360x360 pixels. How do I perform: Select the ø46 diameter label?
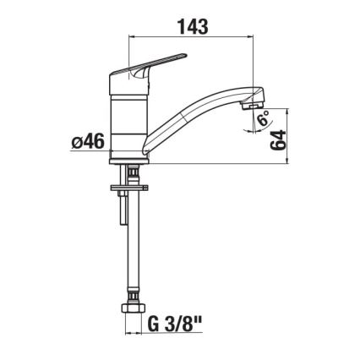(87, 141)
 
